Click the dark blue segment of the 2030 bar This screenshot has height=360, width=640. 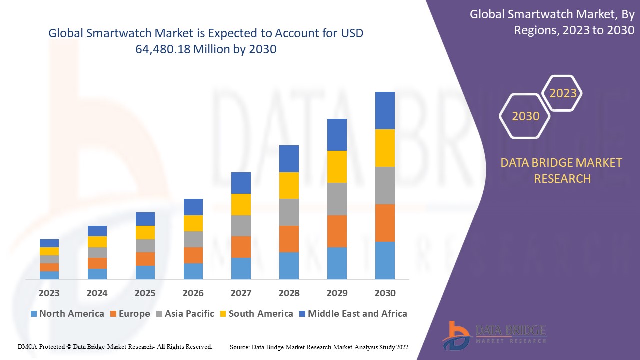(385, 110)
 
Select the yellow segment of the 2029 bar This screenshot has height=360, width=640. (337, 166)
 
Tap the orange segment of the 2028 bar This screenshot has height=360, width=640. (289, 239)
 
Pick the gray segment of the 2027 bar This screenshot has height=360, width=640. (241, 225)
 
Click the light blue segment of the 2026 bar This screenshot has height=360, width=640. (193, 271)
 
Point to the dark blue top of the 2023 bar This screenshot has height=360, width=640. (49, 243)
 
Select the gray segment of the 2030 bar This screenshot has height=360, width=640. (385, 185)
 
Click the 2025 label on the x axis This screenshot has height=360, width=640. (145, 293)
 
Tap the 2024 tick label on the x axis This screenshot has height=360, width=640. (97, 293)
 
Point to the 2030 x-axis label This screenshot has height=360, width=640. (385, 293)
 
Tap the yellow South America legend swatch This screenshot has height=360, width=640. (222, 314)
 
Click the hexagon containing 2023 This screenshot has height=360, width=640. (563, 93)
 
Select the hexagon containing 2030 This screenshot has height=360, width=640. (525, 116)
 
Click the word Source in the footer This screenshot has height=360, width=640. (239, 346)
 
